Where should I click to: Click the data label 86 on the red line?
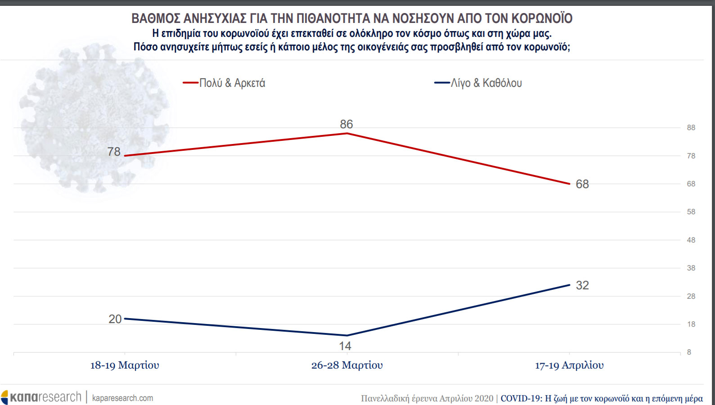click(x=346, y=124)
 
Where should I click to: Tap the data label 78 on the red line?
click(x=114, y=152)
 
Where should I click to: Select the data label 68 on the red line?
click(x=582, y=184)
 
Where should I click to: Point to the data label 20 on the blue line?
click(x=115, y=319)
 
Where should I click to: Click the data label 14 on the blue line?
click(x=345, y=346)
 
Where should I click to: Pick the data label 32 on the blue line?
click(x=582, y=285)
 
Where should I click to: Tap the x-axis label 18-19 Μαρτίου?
click(x=125, y=365)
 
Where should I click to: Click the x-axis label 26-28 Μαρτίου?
click(x=347, y=365)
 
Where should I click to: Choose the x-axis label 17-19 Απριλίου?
click(x=570, y=365)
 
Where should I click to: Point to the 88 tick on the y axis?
click(x=691, y=128)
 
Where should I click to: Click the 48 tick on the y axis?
click(x=691, y=240)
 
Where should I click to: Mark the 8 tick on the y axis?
click(x=689, y=352)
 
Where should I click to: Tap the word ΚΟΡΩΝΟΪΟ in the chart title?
click(x=542, y=18)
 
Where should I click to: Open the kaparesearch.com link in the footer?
click(x=122, y=398)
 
